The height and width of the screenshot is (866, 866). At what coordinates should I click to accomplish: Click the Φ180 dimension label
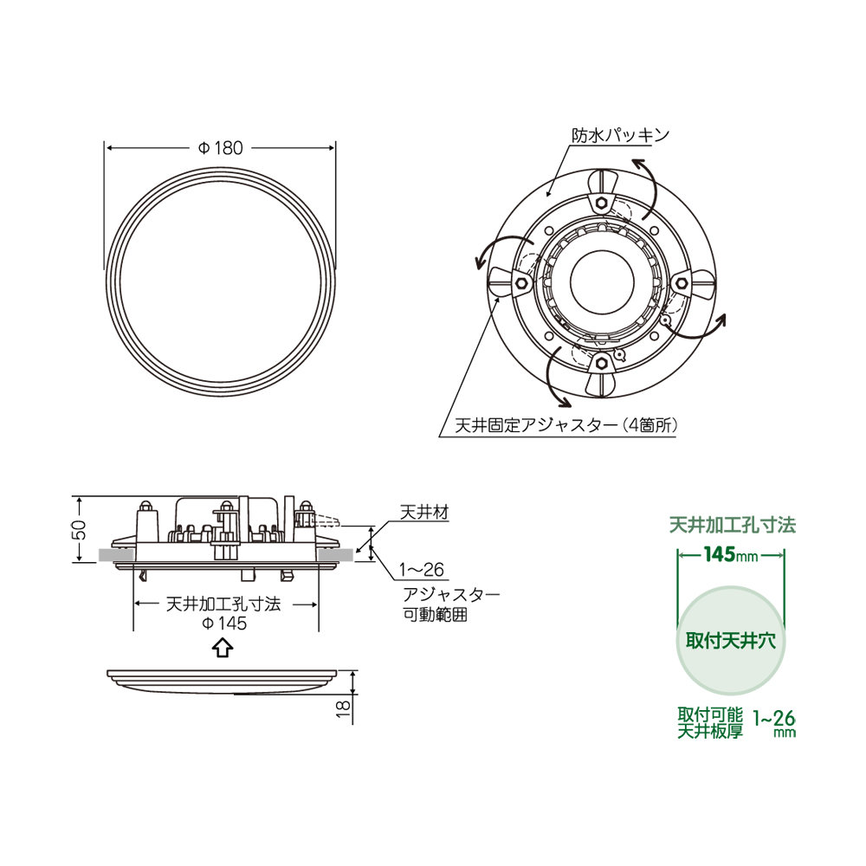(221, 148)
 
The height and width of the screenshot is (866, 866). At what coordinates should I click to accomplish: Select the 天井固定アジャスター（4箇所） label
(559, 426)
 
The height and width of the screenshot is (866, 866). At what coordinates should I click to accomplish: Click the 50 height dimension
(78, 530)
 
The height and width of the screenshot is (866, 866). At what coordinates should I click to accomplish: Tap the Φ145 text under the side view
(223, 624)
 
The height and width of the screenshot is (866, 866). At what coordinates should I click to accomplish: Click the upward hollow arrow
(222, 648)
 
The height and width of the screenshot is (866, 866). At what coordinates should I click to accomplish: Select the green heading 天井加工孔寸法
(732, 525)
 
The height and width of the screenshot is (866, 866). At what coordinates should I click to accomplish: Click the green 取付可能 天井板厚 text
(710, 723)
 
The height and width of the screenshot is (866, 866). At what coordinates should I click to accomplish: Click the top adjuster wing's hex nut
(599, 202)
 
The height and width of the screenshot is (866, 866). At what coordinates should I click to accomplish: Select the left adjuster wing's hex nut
(521, 282)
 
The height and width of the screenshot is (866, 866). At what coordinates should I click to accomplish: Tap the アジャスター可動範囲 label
(450, 604)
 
